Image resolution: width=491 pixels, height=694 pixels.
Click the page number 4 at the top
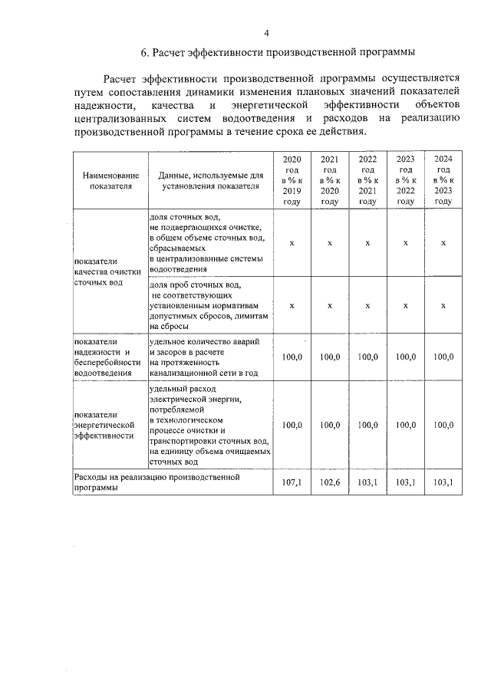point(266,32)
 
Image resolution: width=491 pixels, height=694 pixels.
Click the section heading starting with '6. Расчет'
point(278,52)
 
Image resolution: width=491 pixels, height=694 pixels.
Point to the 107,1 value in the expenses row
point(292,482)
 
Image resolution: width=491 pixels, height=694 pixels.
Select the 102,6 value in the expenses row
point(330,482)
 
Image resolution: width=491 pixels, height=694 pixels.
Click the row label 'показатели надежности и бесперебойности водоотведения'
point(108,357)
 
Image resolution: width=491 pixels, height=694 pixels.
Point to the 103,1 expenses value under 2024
point(443,482)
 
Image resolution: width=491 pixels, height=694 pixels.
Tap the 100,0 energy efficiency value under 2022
point(367,425)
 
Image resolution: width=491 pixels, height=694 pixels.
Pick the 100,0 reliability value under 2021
point(330,357)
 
